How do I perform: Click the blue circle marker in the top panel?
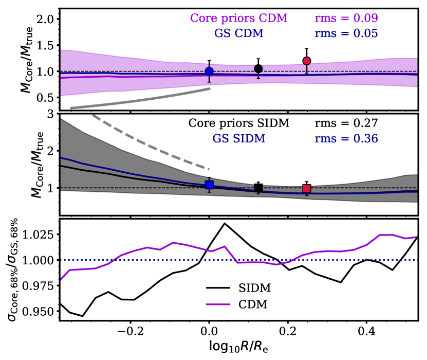[x=209, y=71]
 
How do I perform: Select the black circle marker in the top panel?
[x=258, y=68]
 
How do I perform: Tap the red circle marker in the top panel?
[x=307, y=61]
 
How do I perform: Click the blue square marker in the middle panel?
[x=209, y=185]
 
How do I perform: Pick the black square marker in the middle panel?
[x=258, y=188]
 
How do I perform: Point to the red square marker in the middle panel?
[x=307, y=189]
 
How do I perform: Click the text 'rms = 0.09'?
[x=346, y=18]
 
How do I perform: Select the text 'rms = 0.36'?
[x=346, y=138]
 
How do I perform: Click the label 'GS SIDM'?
[x=258, y=138]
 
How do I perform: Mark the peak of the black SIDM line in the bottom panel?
[x=225, y=223]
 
